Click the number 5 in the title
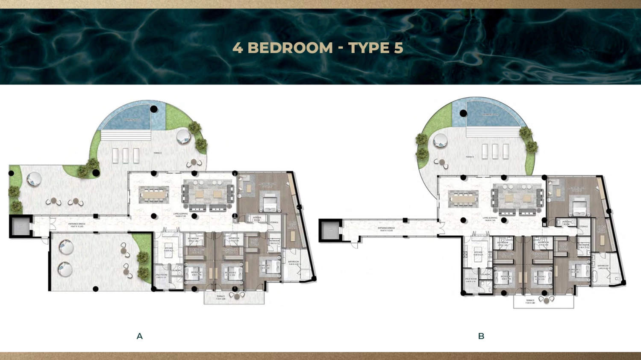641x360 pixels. [398, 48]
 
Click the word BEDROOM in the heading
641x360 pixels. [290, 48]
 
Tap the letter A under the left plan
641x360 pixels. [139, 336]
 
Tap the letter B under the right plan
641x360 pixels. [481, 336]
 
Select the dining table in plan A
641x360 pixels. [154, 195]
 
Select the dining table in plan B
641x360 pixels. [463, 199]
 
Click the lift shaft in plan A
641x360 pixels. [21, 226]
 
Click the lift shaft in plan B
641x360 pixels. [330, 230]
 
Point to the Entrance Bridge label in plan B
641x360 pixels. [386, 229]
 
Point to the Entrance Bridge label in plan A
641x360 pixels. [76, 225]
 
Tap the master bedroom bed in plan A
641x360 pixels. [270, 204]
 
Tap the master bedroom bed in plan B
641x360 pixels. [579, 208]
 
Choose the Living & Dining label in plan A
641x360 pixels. [180, 215]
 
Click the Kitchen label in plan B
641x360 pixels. [478, 253]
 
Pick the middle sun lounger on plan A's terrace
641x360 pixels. [126, 155]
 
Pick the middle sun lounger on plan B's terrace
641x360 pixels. [495, 151]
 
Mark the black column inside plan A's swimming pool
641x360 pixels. [154, 109]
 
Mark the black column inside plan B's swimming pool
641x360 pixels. [463, 113]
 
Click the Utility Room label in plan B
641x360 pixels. [470, 280]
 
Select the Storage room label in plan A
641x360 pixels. [274, 222]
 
